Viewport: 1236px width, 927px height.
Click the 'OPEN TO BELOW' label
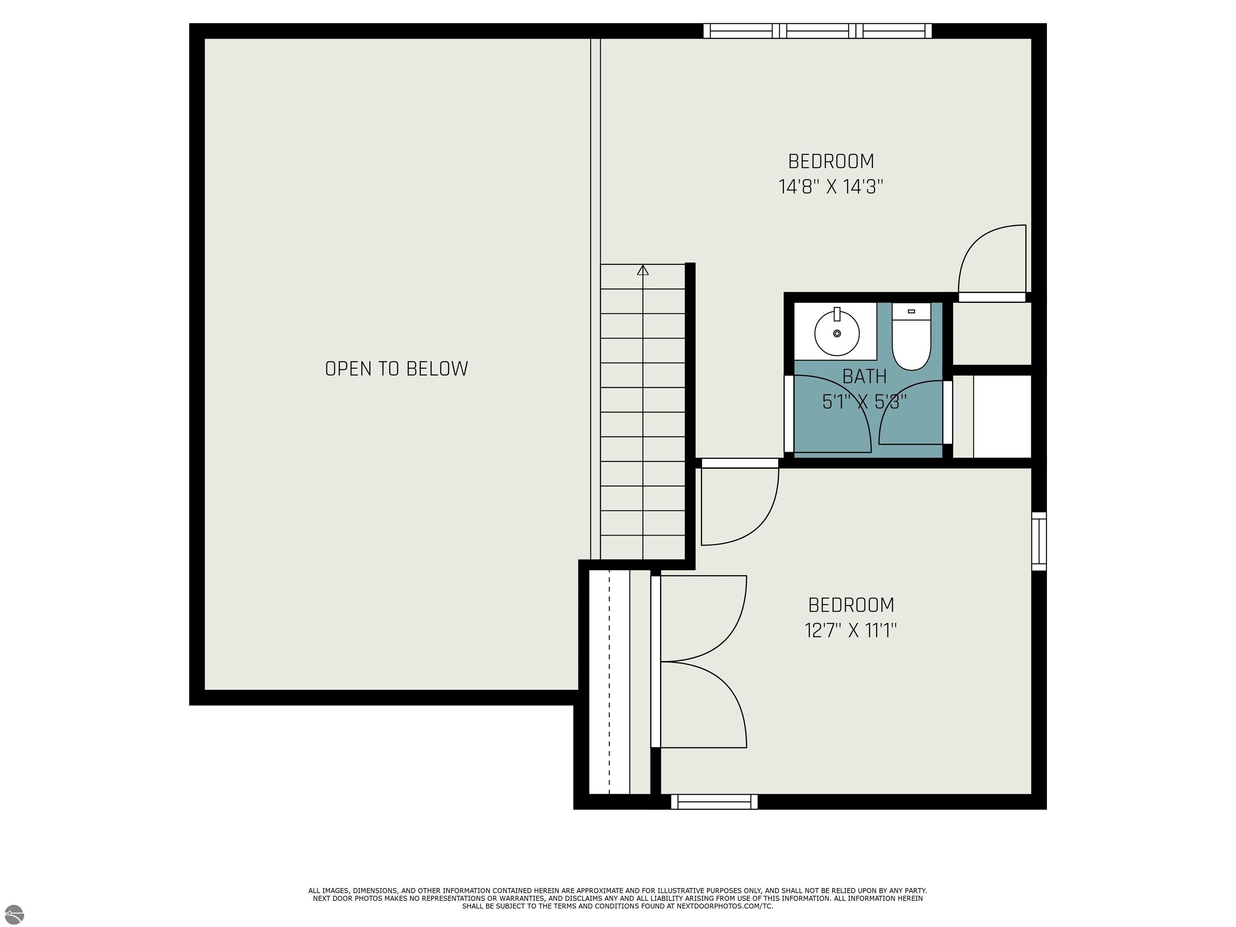click(396, 369)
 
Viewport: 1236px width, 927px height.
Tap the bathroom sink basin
click(836, 333)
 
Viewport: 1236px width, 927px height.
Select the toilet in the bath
click(911, 336)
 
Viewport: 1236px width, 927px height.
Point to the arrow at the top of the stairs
click(643, 270)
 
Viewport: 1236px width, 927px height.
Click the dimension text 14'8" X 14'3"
click(831, 186)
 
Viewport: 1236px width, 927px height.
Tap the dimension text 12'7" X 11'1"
click(851, 630)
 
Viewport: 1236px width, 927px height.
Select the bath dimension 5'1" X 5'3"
click(864, 402)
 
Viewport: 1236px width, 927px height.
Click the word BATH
click(864, 377)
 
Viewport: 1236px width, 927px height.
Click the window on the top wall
click(818, 31)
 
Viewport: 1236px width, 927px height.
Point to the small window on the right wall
click(1039, 542)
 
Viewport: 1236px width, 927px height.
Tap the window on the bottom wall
click(714, 802)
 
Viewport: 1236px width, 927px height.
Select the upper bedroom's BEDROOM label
click(831, 161)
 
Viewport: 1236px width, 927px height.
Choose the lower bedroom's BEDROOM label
click(851, 605)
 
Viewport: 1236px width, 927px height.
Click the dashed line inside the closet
click(609, 682)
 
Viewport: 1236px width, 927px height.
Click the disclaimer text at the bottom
click(618, 898)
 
